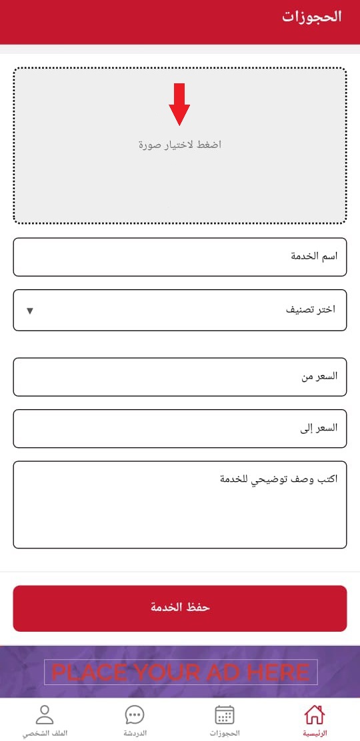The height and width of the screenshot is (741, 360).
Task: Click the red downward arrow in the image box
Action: pyautogui.click(x=179, y=105)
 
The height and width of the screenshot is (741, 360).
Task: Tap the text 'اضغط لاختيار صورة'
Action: pyautogui.click(x=179, y=145)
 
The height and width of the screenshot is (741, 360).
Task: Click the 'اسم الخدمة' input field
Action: pyautogui.click(x=180, y=257)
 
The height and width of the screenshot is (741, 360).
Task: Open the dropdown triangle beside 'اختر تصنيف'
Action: pyautogui.click(x=29, y=310)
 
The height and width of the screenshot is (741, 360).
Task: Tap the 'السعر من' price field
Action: pyautogui.click(x=180, y=376)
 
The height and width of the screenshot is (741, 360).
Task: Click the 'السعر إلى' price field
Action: pyautogui.click(x=180, y=428)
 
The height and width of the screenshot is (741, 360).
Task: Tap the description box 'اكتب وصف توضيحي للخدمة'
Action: pyautogui.click(x=180, y=504)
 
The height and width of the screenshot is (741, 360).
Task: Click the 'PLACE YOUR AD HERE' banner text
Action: pyautogui.click(x=181, y=672)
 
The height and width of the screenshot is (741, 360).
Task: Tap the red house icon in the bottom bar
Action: pyautogui.click(x=314, y=715)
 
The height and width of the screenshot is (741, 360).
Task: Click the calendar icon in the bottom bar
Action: pyautogui.click(x=225, y=715)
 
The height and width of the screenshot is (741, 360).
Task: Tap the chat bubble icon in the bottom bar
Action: pyautogui.click(x=135, y=715)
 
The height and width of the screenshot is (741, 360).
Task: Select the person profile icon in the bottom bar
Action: pyautogui.click(x=45, y=715)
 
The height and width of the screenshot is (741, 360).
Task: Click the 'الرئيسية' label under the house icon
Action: pyautogui.click(x=315, y=733)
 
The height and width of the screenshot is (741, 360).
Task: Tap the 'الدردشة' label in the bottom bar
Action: pyautogui.click(x=135, y=733)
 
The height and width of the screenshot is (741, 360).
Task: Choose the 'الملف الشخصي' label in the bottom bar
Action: pyautogui.click(x=45, y=733)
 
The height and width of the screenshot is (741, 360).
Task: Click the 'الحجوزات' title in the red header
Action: pyautogui.click(x=311, y=17)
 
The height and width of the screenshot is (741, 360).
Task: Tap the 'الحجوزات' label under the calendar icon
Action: pyautogui.click(x=225, y=733)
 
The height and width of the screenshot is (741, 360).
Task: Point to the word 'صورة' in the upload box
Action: pyautogui.click(x=151, y=145)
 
